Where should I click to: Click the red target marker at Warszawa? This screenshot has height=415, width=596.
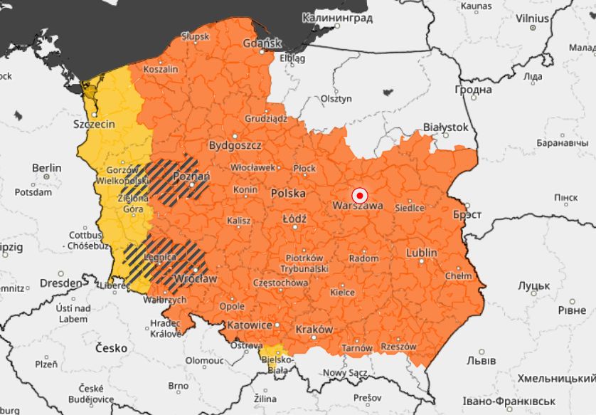tap(360, 195)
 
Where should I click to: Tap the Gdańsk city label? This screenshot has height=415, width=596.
tap(262, 43)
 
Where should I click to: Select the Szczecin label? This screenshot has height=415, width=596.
tap(94, 124)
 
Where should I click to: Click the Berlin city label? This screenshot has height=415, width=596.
tap(46, 168)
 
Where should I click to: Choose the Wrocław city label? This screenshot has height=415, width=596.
tap(195, 278)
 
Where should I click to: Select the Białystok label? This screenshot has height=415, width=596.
tap(445, 127)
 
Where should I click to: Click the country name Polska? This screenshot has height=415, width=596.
tap(288, 193)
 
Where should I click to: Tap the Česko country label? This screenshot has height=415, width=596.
tap(110, 348)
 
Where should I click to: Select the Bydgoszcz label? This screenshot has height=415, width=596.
tap(235, 145)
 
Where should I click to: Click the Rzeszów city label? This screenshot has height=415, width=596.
tap(398, 347)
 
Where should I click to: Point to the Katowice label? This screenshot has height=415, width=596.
tap(249, 325)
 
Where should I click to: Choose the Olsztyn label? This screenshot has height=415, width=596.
tap(336, 98)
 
